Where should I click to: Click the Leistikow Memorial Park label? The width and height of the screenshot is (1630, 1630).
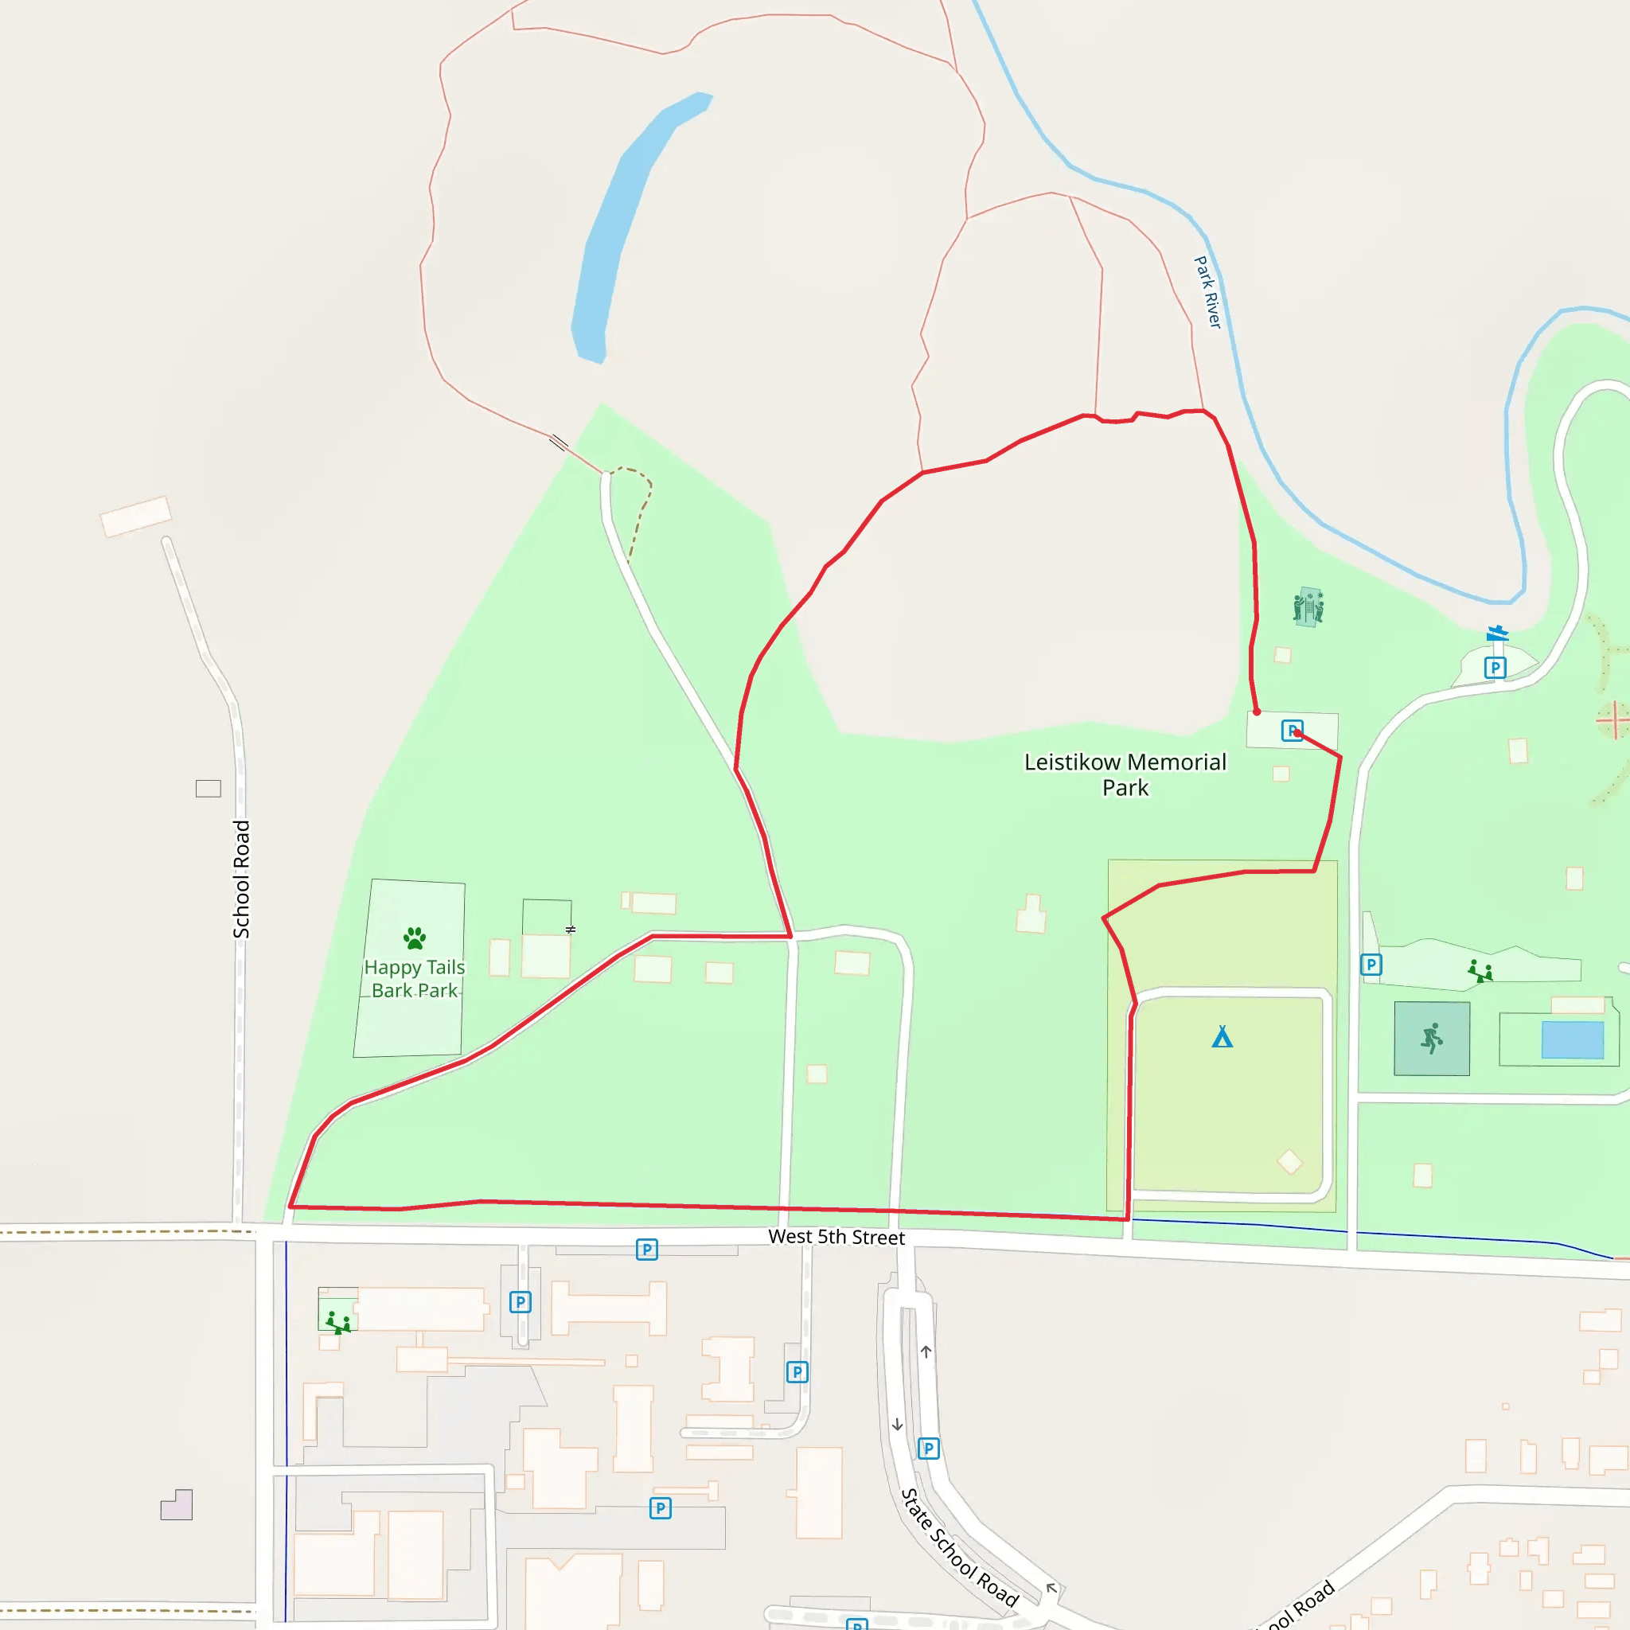pos(1125,774)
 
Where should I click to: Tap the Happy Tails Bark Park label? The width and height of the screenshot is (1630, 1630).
pos(414,979)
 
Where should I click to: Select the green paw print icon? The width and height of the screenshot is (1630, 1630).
pos(414,938)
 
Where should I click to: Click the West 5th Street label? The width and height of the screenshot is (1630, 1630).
pos(836,1237)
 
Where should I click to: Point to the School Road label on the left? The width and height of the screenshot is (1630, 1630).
pos(242,879)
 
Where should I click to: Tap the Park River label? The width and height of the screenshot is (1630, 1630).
pos(1207,292)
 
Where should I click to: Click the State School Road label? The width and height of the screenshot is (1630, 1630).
pos(959,1547)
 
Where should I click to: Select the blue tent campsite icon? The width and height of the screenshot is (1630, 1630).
pos(1222,1037)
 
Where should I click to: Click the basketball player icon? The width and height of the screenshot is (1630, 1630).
pos(1432,1039)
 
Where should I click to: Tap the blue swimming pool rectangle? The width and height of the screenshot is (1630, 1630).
pos(1573,1039)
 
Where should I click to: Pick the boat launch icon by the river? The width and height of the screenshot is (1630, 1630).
pos(1498,632)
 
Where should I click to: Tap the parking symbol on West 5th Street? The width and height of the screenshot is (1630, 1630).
pos(646,1250)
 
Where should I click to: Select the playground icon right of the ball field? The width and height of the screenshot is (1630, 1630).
pos(1480,972)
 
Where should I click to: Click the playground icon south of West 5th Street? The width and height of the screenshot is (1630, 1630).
pos(338,1322)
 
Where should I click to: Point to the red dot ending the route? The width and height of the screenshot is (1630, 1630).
pos(1256,712)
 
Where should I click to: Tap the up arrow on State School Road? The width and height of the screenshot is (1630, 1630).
pos(926,1352)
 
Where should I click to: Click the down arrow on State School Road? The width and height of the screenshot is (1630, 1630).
pos(897,1424)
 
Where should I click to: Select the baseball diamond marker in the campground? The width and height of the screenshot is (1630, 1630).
pos(1289,1162)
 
